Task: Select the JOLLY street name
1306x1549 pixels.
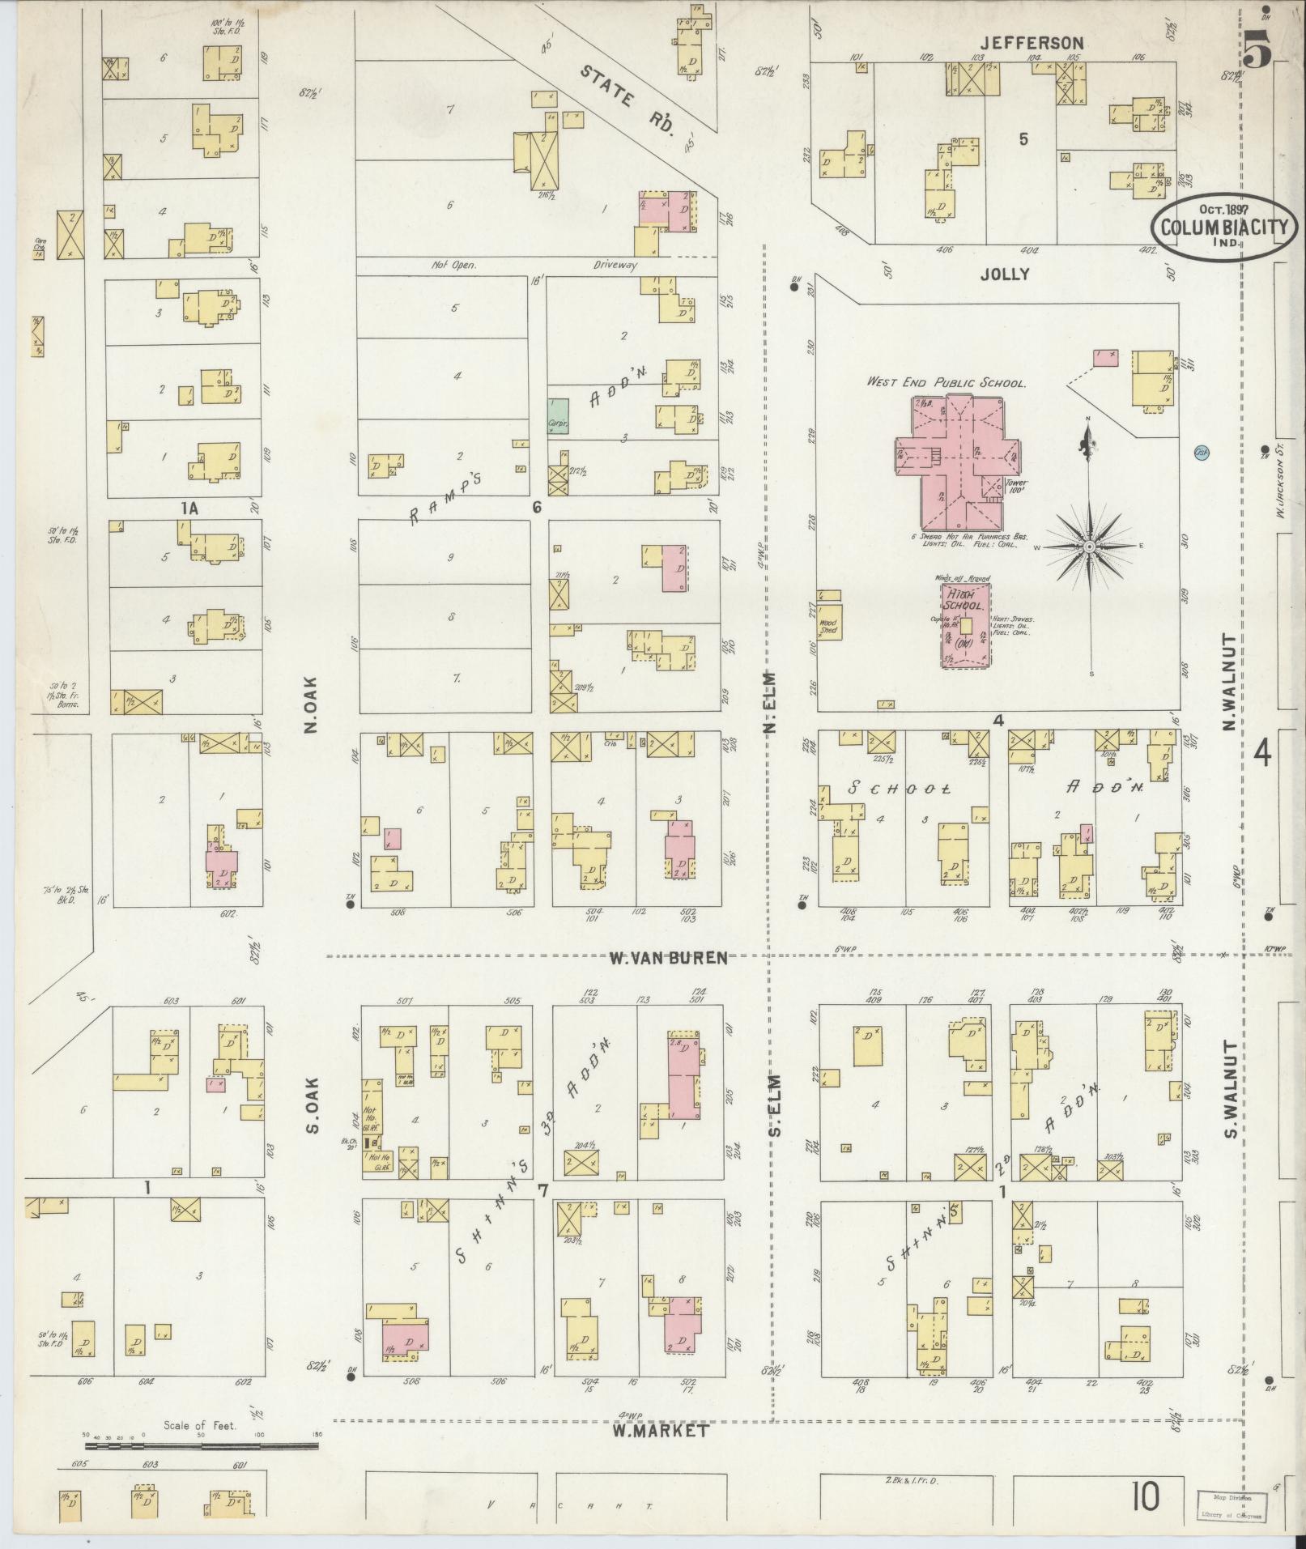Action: point(1004,274)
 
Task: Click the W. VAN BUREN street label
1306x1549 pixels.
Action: point(668,958)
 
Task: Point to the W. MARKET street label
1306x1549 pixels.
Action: point(660,1431)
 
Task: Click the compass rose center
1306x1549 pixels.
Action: point(1090,547)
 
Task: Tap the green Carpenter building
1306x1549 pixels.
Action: point(556,416)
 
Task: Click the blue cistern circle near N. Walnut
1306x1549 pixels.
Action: point(1202,452)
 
